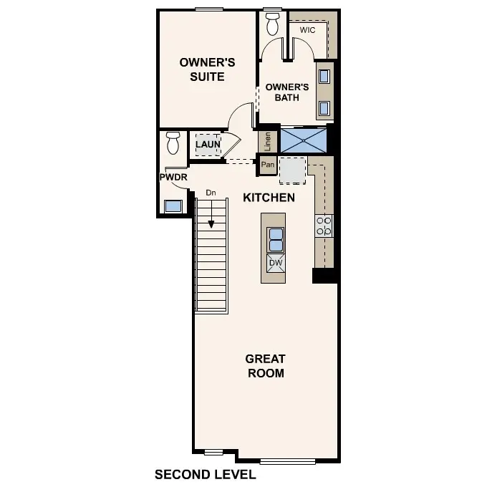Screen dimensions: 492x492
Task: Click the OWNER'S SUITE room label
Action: click(x=202, y=69)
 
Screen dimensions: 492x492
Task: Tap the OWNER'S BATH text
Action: click(x=287, y=92)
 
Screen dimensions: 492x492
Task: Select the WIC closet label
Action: click(x=307, y=31)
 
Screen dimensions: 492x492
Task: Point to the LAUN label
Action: click(x=208, y=145)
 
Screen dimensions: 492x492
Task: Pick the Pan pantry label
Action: click(x=268, y=165)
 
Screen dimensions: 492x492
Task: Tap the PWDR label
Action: click(x=173, y=176)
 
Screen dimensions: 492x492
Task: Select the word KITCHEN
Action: click(x=269, y=198)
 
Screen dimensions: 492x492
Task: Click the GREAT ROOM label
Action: click(x=265, y=365)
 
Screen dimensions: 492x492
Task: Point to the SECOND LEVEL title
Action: click(x=205, y=474)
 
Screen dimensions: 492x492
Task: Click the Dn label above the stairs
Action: click(x=211, y=193)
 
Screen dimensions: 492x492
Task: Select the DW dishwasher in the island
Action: click(x=276, y=263)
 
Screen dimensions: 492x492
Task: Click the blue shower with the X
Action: click(x=303, y=140)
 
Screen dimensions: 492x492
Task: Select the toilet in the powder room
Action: click(x=173, y=143)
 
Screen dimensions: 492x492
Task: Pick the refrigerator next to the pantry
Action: click(x=292, y=170)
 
